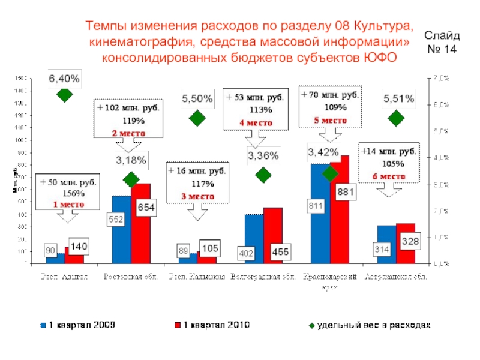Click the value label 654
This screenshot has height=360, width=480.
coord(146,208)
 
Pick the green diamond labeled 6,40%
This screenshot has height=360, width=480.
coord(64,94)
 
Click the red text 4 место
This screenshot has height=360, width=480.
coord(256,122)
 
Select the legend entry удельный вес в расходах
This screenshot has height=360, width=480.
coord(368,325)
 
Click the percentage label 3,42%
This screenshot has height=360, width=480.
coord(323,152)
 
